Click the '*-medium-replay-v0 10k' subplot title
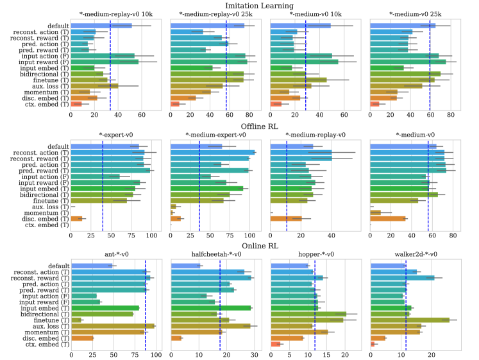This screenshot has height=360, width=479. point(116,14)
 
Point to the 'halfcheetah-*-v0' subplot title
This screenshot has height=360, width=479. point(215,254)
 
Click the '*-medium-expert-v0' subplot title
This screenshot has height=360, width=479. point(215,135)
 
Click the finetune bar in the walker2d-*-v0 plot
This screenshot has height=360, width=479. point(410,320)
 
